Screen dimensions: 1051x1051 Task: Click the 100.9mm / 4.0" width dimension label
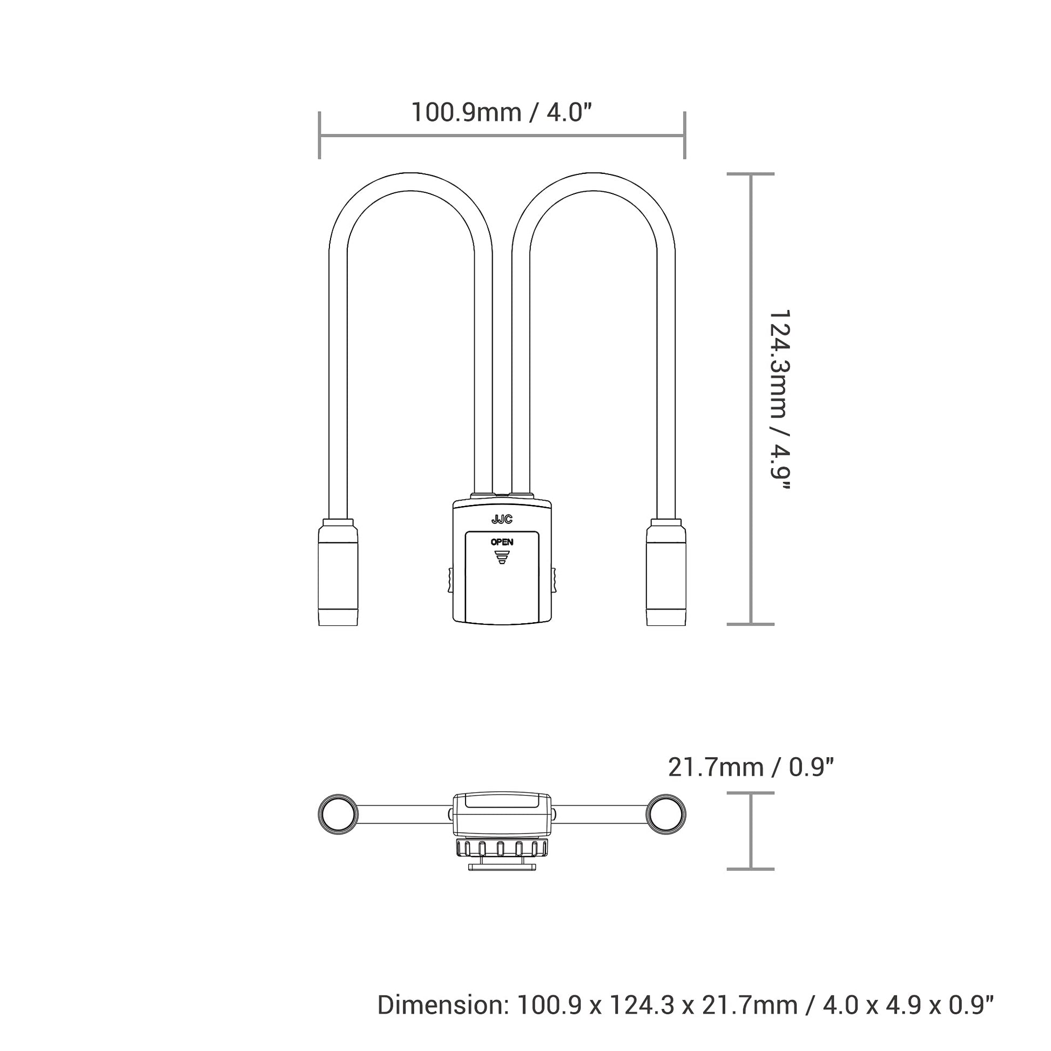pos(501,112)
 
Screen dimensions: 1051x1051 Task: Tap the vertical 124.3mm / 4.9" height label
pos(778,407)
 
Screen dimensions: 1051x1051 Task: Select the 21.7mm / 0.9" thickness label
pos(751,767)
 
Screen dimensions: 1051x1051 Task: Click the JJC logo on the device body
pos(502,520)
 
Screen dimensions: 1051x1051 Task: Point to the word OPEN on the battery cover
pos(502,542)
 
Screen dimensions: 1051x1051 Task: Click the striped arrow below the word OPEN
pos(502,557)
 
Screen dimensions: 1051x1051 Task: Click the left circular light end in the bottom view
pos(338,814)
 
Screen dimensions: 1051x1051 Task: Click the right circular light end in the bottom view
pos(666,814)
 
